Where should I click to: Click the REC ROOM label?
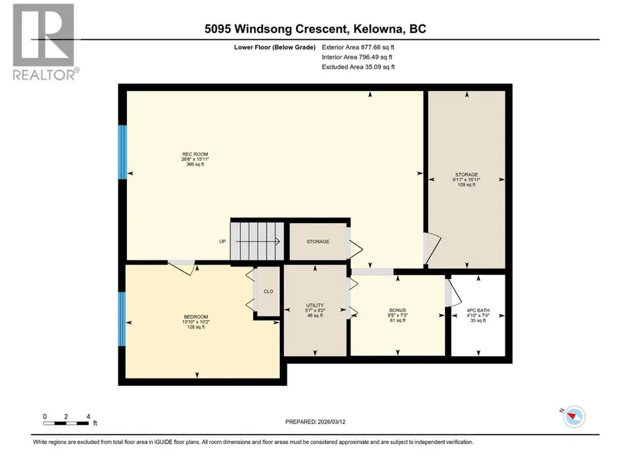[195, 154]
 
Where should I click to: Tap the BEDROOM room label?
[196, 317]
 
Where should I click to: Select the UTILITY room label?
[314, 306]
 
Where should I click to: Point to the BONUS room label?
[398, 310]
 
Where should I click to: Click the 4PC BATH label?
[478, 310]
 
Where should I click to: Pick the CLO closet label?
[268, 292]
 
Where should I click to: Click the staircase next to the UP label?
[258, 241]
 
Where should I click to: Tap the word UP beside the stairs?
[223, 241]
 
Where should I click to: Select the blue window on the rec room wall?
[122, 152]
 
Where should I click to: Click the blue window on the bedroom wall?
[122, 319]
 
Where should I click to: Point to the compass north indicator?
[574, 416]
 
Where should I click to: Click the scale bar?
[67, 423]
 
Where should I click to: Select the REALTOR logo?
[44, 42]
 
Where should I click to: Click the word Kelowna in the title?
[379, 29]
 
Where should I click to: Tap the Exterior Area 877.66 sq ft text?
[358, 47]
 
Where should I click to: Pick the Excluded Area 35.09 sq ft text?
[358, 67]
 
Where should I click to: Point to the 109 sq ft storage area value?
[467, 185]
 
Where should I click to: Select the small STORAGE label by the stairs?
[318, 241]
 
